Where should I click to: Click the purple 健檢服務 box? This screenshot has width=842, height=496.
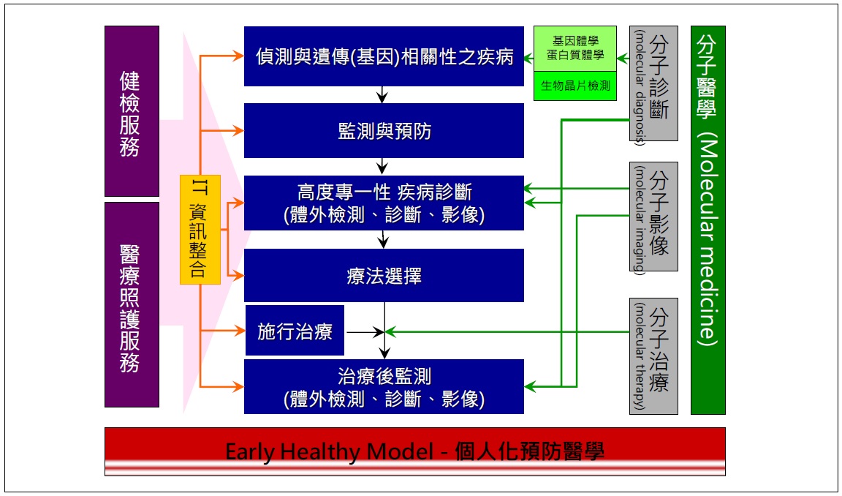pyautogui.click(x=132, y=111)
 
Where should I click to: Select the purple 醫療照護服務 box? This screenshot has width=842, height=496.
pyautogui.click(x=132, y=304)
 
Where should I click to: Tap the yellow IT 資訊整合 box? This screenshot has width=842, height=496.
pyautogui.click(x=200, y=230)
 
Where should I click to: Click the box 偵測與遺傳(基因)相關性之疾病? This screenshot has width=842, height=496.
pyautogui.click(x=384, y=56)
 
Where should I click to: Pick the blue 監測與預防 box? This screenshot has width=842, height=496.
pyautogui.click(x=384, y=131)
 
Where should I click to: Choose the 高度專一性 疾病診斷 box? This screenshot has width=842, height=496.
pyautogui.click(x=384, y=203)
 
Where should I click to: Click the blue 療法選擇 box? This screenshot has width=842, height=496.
pyautogui.click(x=384, y=276)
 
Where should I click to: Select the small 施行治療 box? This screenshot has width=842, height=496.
pyautogui.click(x=295, y=332)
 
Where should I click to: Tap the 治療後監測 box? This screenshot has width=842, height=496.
pyautogui.click(x=384, y=387)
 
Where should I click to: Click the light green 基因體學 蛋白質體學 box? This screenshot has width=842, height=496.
pyautogui.click(x=575, y=49)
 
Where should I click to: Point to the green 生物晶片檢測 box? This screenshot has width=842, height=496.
pyautogui.click(x=575, y=86)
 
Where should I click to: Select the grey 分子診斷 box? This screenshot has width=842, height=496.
pyautogui.click(x=653, y=83)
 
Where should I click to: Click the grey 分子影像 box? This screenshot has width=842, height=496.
pyautogui.click(x=653, y=217)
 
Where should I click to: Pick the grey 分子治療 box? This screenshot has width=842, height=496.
pyautogui.click(x=653, y=356)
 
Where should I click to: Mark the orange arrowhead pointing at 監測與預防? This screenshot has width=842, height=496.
pyautogui.click(x=238, y=131)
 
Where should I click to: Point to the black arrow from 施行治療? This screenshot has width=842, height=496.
pyautogui.click(x=365, y=333)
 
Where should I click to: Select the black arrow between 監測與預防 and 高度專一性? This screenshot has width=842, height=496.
pyautogui.click(x=384, y=168)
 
